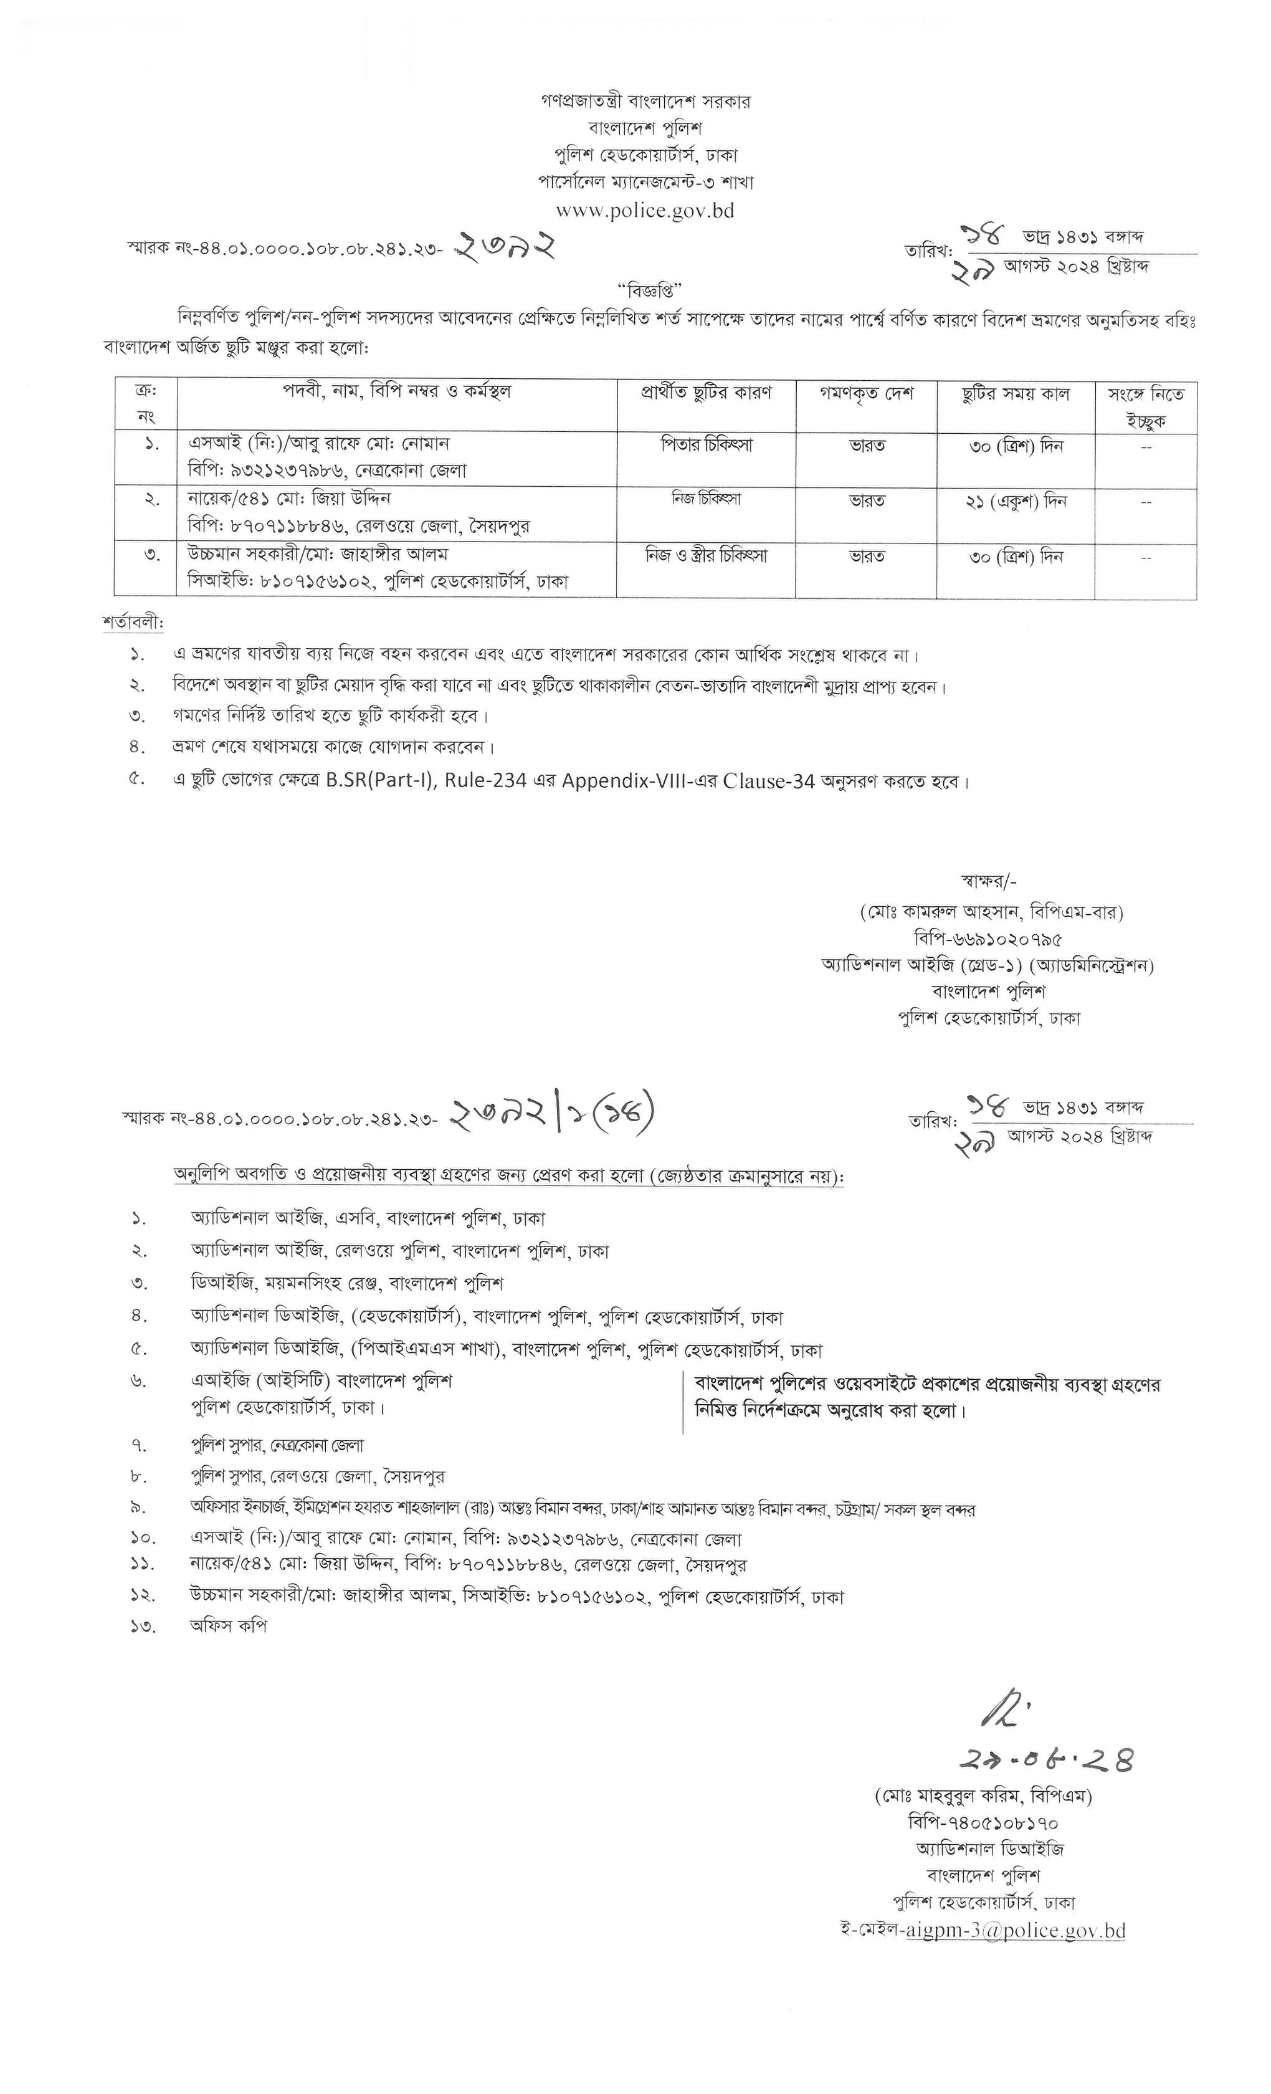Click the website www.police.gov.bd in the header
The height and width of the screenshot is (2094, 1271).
coord(645,210)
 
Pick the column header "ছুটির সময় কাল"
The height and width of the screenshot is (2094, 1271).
coord(1016,394)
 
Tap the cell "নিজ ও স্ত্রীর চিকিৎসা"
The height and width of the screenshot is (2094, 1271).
coord(706,556)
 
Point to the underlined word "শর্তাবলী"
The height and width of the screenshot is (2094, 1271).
coord(131,622)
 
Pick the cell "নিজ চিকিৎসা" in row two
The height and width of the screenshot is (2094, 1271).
coord(706,499)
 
